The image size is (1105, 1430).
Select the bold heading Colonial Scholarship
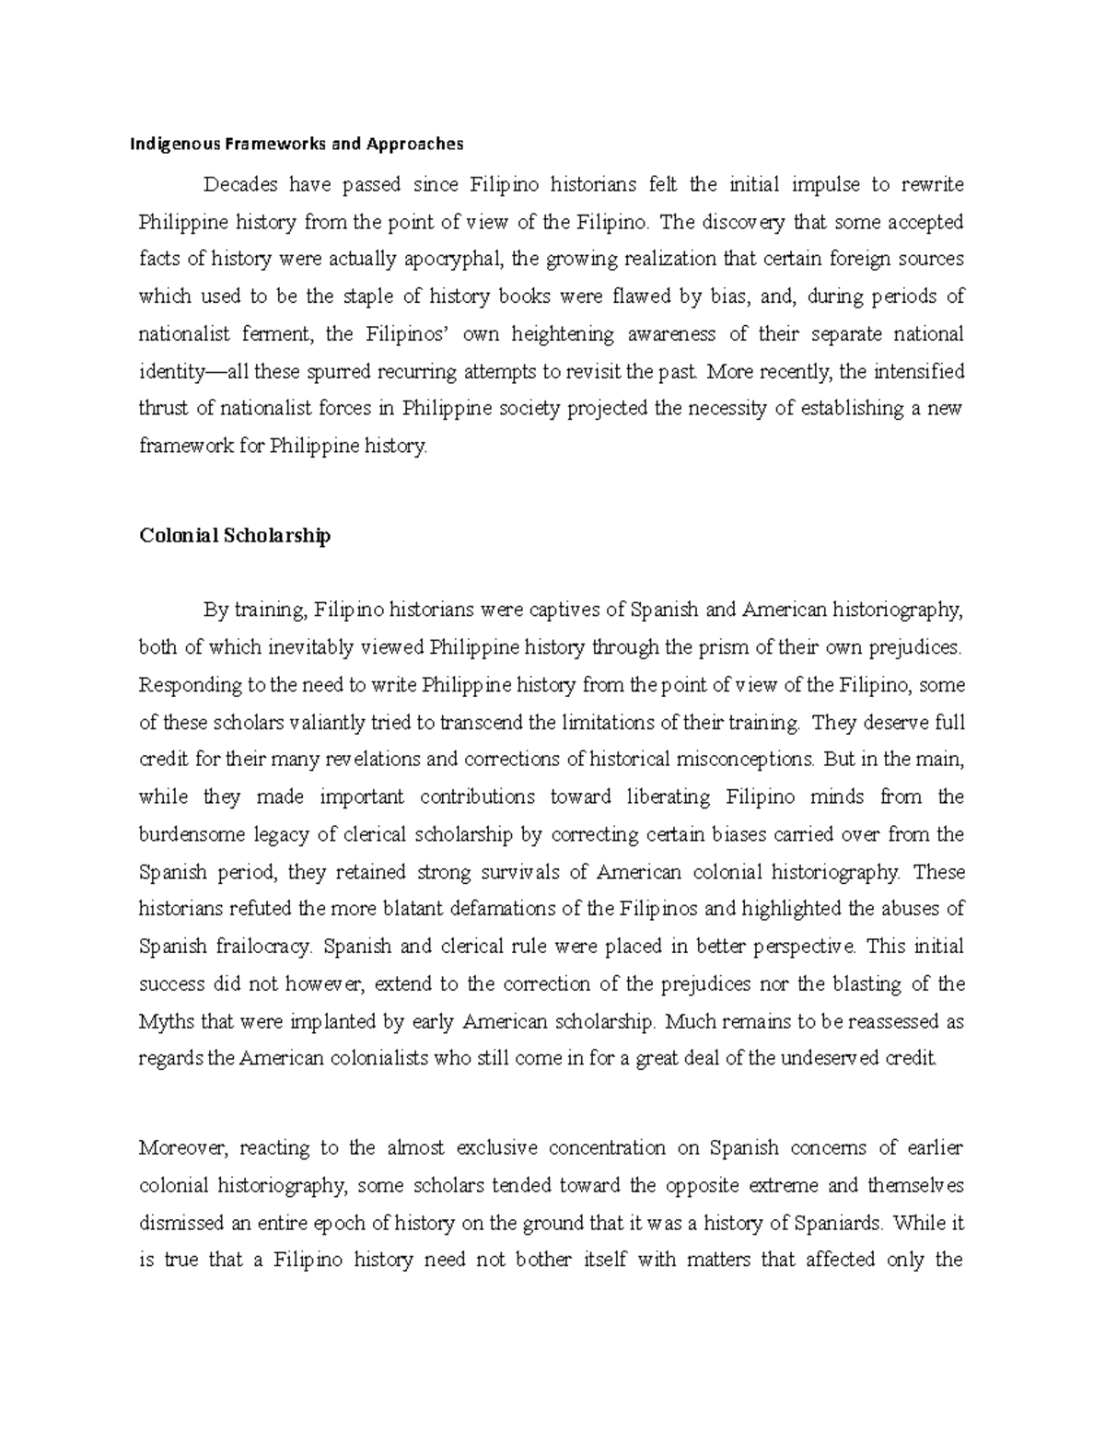(234, 536)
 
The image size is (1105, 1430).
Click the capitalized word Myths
(165, 1022)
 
